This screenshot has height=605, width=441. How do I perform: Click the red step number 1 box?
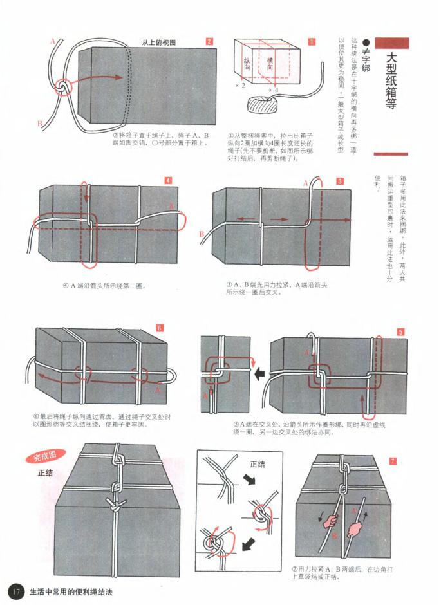312,42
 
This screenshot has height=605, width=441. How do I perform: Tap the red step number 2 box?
210,42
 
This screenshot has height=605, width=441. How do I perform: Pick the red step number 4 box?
169,180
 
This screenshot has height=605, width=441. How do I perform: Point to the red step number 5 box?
400,332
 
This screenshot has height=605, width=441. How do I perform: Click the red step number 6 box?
160,328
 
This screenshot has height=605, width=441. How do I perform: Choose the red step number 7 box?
393,461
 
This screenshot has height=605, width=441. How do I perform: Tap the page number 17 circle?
15,591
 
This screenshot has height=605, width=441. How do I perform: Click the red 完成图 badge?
45,457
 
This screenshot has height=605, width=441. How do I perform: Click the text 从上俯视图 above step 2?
159,42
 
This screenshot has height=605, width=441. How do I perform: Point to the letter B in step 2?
39,123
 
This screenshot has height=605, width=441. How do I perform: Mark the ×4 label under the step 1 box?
274,91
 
